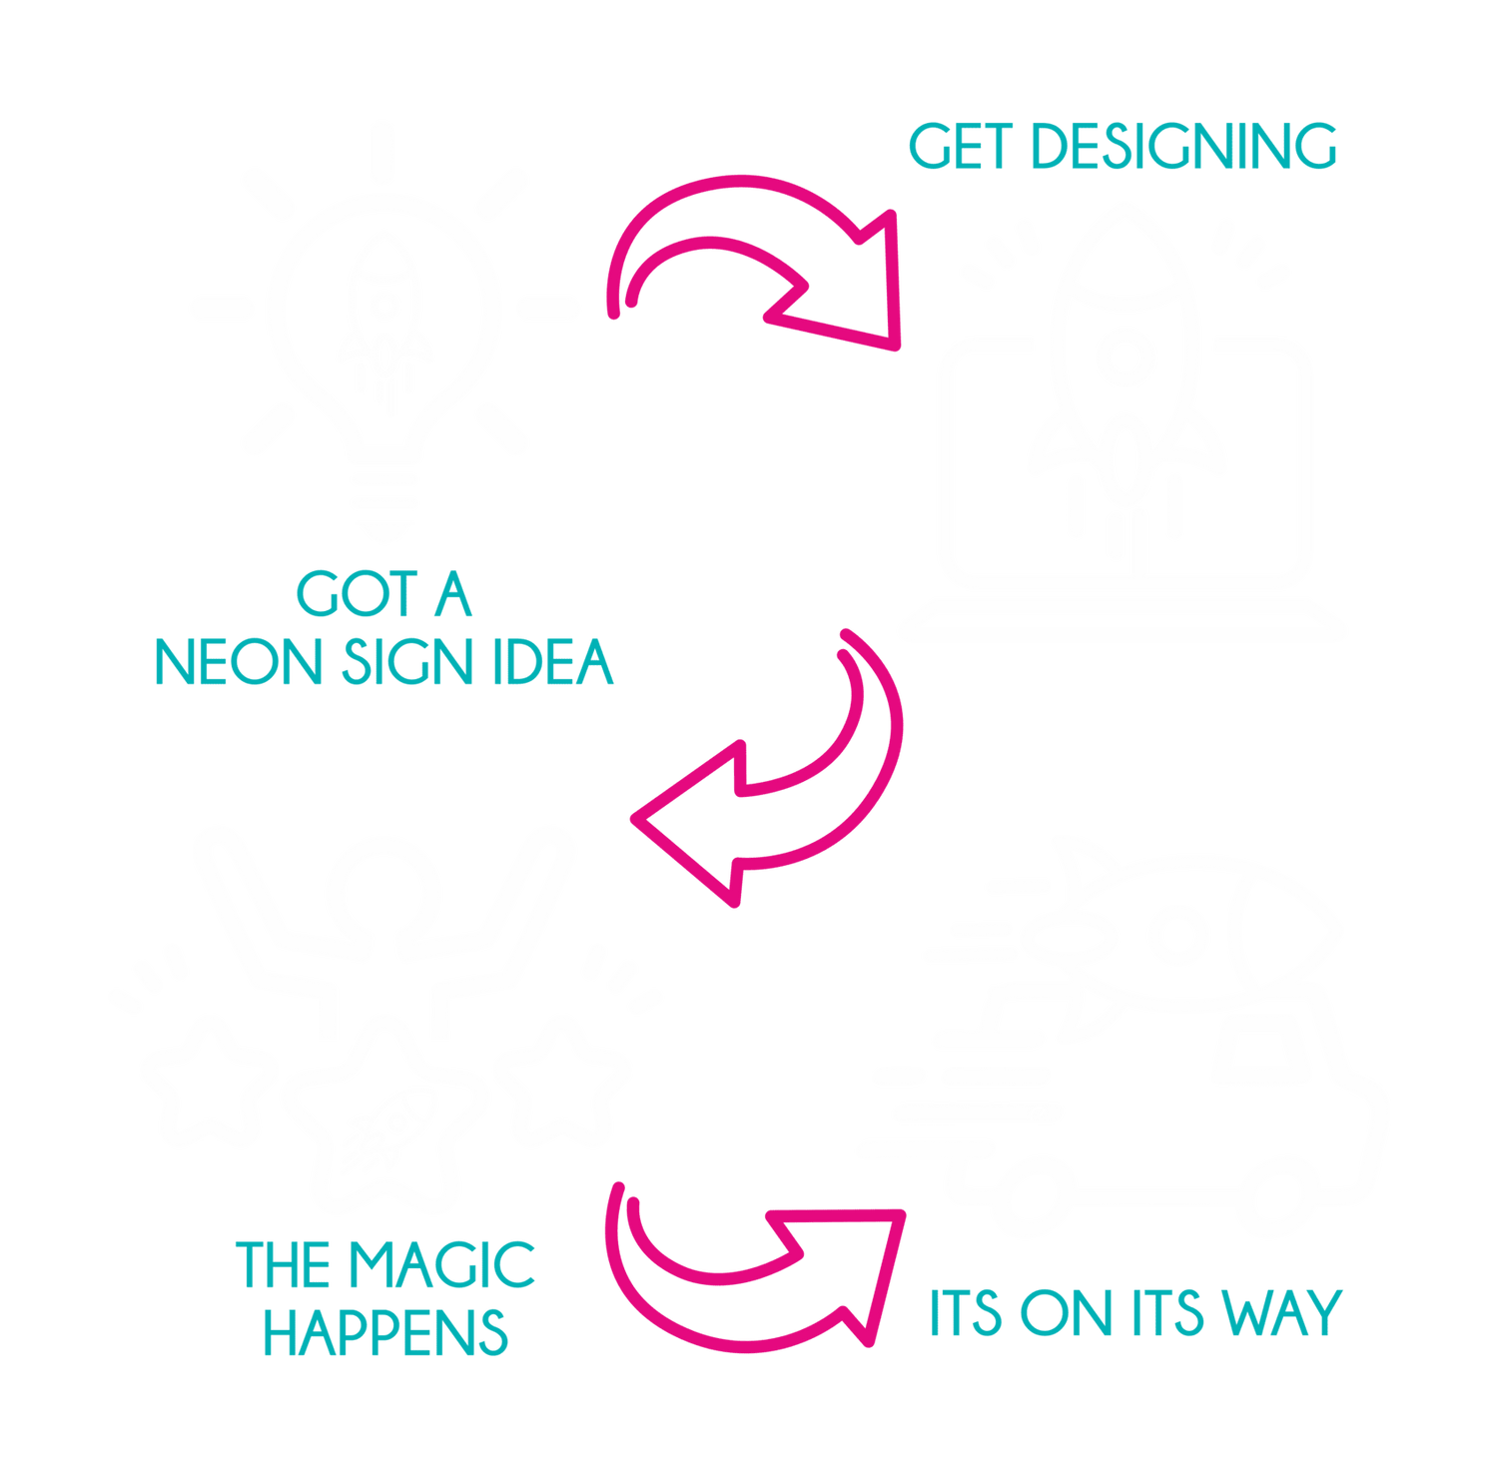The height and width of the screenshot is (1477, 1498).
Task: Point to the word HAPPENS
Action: [x=386, y=1331]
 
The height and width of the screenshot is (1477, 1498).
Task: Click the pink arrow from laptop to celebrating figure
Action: [x=789, y=779]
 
